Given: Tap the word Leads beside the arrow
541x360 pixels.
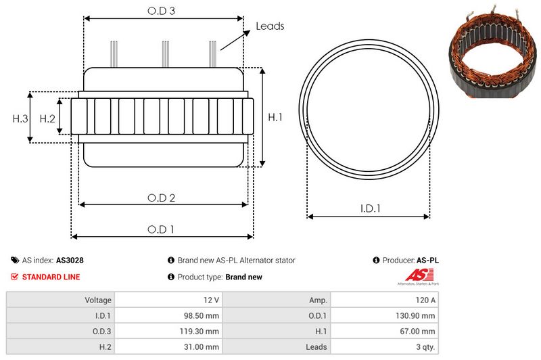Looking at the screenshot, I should click(270, 26).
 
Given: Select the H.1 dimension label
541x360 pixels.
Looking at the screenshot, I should click(275, 117).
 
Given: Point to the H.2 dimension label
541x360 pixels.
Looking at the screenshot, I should click(47, 118).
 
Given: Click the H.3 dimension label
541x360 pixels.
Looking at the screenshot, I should click(20, 118).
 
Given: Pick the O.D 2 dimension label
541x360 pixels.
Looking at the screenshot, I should click(162, 198).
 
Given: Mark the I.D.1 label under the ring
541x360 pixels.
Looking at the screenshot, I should click(369, 209).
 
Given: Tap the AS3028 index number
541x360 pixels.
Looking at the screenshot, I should click(70, 260).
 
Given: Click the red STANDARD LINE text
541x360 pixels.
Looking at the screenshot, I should click(51, 277).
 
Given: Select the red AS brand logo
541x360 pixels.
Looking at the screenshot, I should click(414, 275).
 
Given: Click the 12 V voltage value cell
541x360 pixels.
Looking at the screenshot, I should click(211, 300).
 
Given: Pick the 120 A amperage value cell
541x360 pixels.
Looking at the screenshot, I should click(425, 300).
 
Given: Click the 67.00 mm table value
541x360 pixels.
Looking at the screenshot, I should click(418, 331).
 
